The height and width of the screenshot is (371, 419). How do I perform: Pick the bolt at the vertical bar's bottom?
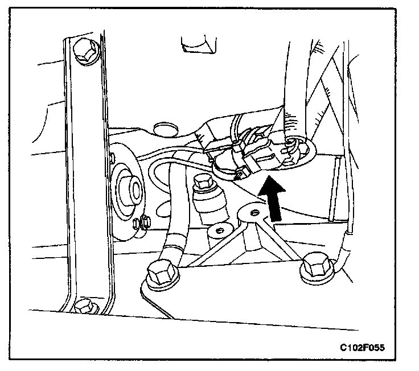click(x=84, y=306)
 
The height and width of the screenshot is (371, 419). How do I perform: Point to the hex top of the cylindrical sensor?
click(x=203, y=183)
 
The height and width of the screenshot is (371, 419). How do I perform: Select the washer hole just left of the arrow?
click(x=254, y=212)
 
